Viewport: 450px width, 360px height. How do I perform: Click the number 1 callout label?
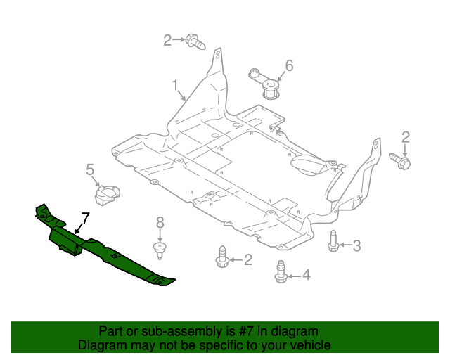[175, 85]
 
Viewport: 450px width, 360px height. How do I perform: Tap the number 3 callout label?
[356, 245]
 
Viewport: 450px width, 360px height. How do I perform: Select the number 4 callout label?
[306, 275]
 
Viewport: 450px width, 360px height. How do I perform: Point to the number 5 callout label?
[90, 169]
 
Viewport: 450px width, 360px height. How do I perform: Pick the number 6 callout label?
[288, 66]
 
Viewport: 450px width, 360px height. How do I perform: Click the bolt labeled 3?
[333, 240]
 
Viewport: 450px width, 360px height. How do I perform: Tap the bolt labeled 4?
[281, 272]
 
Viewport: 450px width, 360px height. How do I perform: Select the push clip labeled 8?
[160, 247]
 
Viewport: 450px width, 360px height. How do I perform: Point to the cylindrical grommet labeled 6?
[270, 89]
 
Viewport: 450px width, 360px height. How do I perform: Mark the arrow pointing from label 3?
[345, 245]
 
